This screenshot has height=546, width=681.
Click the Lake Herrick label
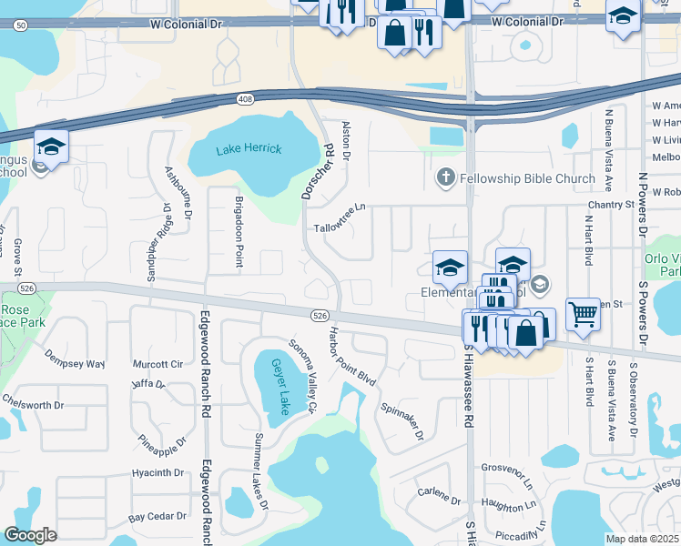coord(249,148)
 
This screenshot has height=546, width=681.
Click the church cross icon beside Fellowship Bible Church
coord(446,178)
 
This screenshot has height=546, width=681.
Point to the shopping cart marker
coord(583,314)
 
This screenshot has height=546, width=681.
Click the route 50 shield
coord(20,25)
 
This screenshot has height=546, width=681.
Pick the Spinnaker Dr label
coord(402,421)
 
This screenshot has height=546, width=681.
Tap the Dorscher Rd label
coord(317,168)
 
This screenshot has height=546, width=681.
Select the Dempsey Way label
coord(75,364)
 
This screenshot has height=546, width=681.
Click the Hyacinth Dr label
coord(158,472)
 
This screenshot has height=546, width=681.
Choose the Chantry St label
coord(609,206)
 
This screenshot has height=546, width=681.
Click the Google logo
coord(30,535)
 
